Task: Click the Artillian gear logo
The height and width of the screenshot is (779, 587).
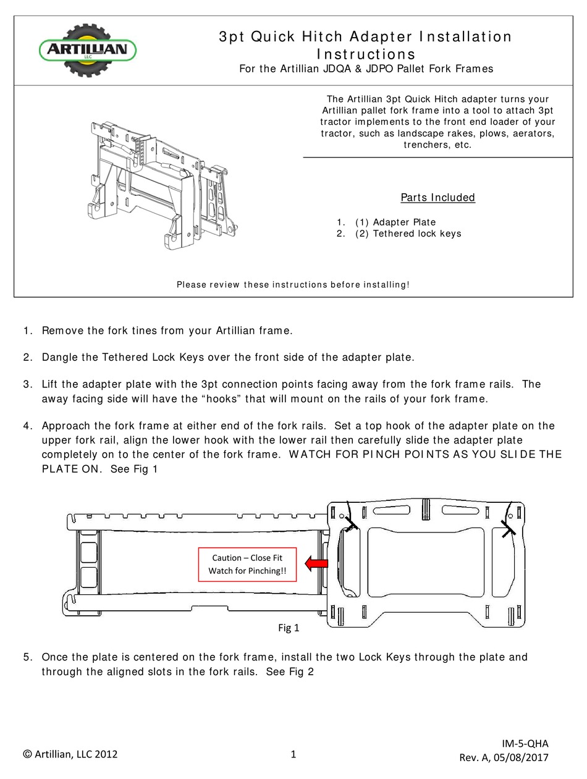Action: tap(87, 50)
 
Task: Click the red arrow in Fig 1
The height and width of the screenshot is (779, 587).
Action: tap(317, 563)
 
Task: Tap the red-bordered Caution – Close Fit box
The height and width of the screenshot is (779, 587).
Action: tap(247, 564)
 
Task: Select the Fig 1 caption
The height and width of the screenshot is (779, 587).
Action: tap(289, 628)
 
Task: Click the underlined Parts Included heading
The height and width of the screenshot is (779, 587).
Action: tap(437, 198)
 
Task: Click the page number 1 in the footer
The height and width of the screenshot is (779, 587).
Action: tap(293, 754)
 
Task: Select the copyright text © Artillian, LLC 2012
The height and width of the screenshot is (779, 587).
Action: tap(70, 754)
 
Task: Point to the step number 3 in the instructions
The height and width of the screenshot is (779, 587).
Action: tap(27, 384)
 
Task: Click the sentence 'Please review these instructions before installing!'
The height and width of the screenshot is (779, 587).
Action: tap(293, 285)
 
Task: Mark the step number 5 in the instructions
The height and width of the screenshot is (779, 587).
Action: tap(27, 657)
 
